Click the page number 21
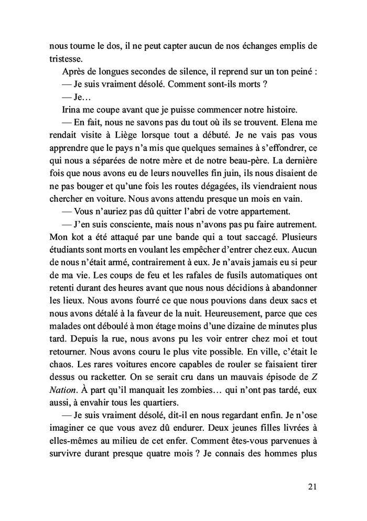pos(312,487)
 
